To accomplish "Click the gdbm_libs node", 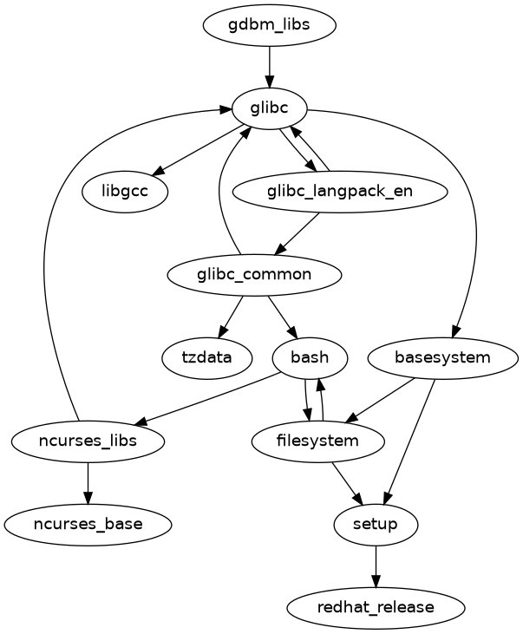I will (x=269, y=25).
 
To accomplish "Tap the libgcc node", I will (x=126, y=192).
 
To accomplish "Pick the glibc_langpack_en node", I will (x=340, y=192).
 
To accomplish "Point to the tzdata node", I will (x=206, y=357).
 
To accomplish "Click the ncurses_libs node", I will (x=88, y=441).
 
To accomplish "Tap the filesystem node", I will (x=317, y=441).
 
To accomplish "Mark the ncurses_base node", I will (x=88, y=524).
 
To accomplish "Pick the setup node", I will (x=376, y=524).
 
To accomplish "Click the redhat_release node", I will (x=376, y=607).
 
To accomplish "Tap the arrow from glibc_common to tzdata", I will (x=231, y=316).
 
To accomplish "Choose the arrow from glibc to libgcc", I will (x=199, y=149).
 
